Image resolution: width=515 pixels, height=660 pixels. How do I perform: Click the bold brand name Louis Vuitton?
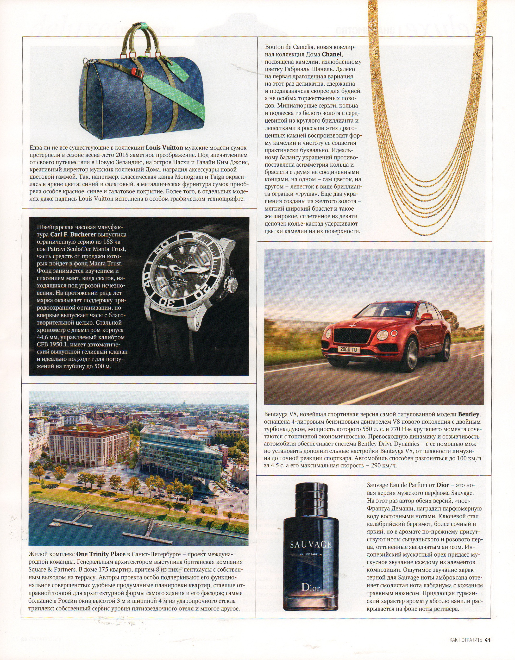pos(164,148)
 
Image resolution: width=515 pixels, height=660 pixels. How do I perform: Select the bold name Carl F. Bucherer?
pos(73,234)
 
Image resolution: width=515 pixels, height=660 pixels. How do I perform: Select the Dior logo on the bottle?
pos(311,587)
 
